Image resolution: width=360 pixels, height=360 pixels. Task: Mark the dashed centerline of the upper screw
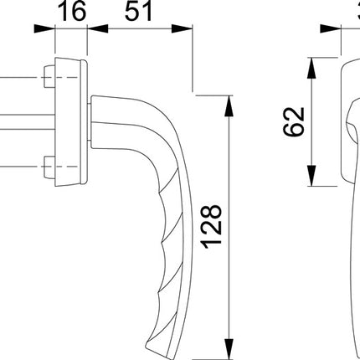17,80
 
